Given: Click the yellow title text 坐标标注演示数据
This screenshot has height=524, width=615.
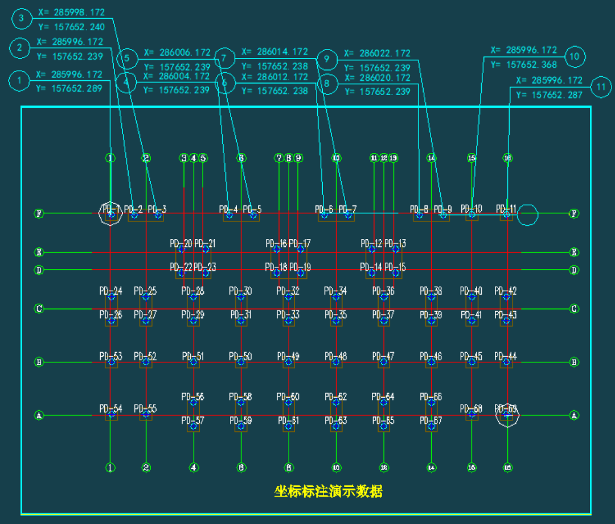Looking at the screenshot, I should [x=328, y=491].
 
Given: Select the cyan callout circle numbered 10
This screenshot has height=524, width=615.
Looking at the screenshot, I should [x=575, y=57].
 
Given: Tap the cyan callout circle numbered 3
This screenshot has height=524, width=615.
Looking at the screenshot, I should [x=22, y=19].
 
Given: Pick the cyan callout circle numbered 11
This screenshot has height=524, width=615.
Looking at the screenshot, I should [x=601, y=87].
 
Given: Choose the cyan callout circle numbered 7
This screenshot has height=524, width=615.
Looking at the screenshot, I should [x=224, y=59].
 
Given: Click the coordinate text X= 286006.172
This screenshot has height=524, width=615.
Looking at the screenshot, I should [x=177, y=52].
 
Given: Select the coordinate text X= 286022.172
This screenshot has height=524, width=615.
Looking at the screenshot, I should [x=376, y=53].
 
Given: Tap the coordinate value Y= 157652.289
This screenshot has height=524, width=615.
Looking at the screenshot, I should [x=69, y=88].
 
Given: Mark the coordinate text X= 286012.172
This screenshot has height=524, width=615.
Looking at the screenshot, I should [x=274, y=77].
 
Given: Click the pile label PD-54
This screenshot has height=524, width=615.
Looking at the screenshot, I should [x=110, y=409].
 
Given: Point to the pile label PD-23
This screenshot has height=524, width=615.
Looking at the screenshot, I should [x=205, y=266].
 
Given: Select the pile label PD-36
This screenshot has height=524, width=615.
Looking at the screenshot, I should [x=383, y=291].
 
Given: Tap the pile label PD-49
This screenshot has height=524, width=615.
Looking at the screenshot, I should [x=288, y=356].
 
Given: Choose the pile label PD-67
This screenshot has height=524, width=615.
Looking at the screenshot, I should [x=431, y=420].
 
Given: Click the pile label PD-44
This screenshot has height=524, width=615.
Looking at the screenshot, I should [x=506, y=356].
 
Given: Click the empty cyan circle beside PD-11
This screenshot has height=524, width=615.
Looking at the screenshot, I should [x=527, y=214].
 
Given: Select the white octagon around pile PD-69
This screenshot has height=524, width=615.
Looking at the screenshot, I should [x=507, y=415].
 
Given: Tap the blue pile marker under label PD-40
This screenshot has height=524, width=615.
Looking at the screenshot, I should [x=471, y=296].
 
